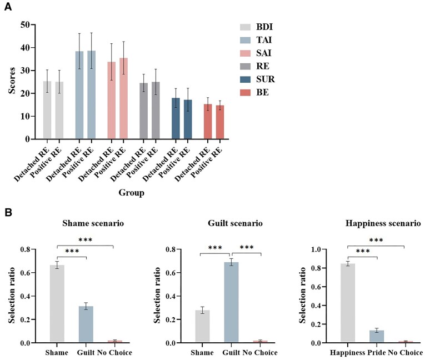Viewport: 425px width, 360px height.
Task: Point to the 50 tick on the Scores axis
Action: (x=23, y=24)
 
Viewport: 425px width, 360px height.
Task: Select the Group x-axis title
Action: (x=132, y=193)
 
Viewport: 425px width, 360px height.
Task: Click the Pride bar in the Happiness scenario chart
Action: (x=377, y=337)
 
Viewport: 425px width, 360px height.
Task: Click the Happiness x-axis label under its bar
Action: (x=347, y=352)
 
